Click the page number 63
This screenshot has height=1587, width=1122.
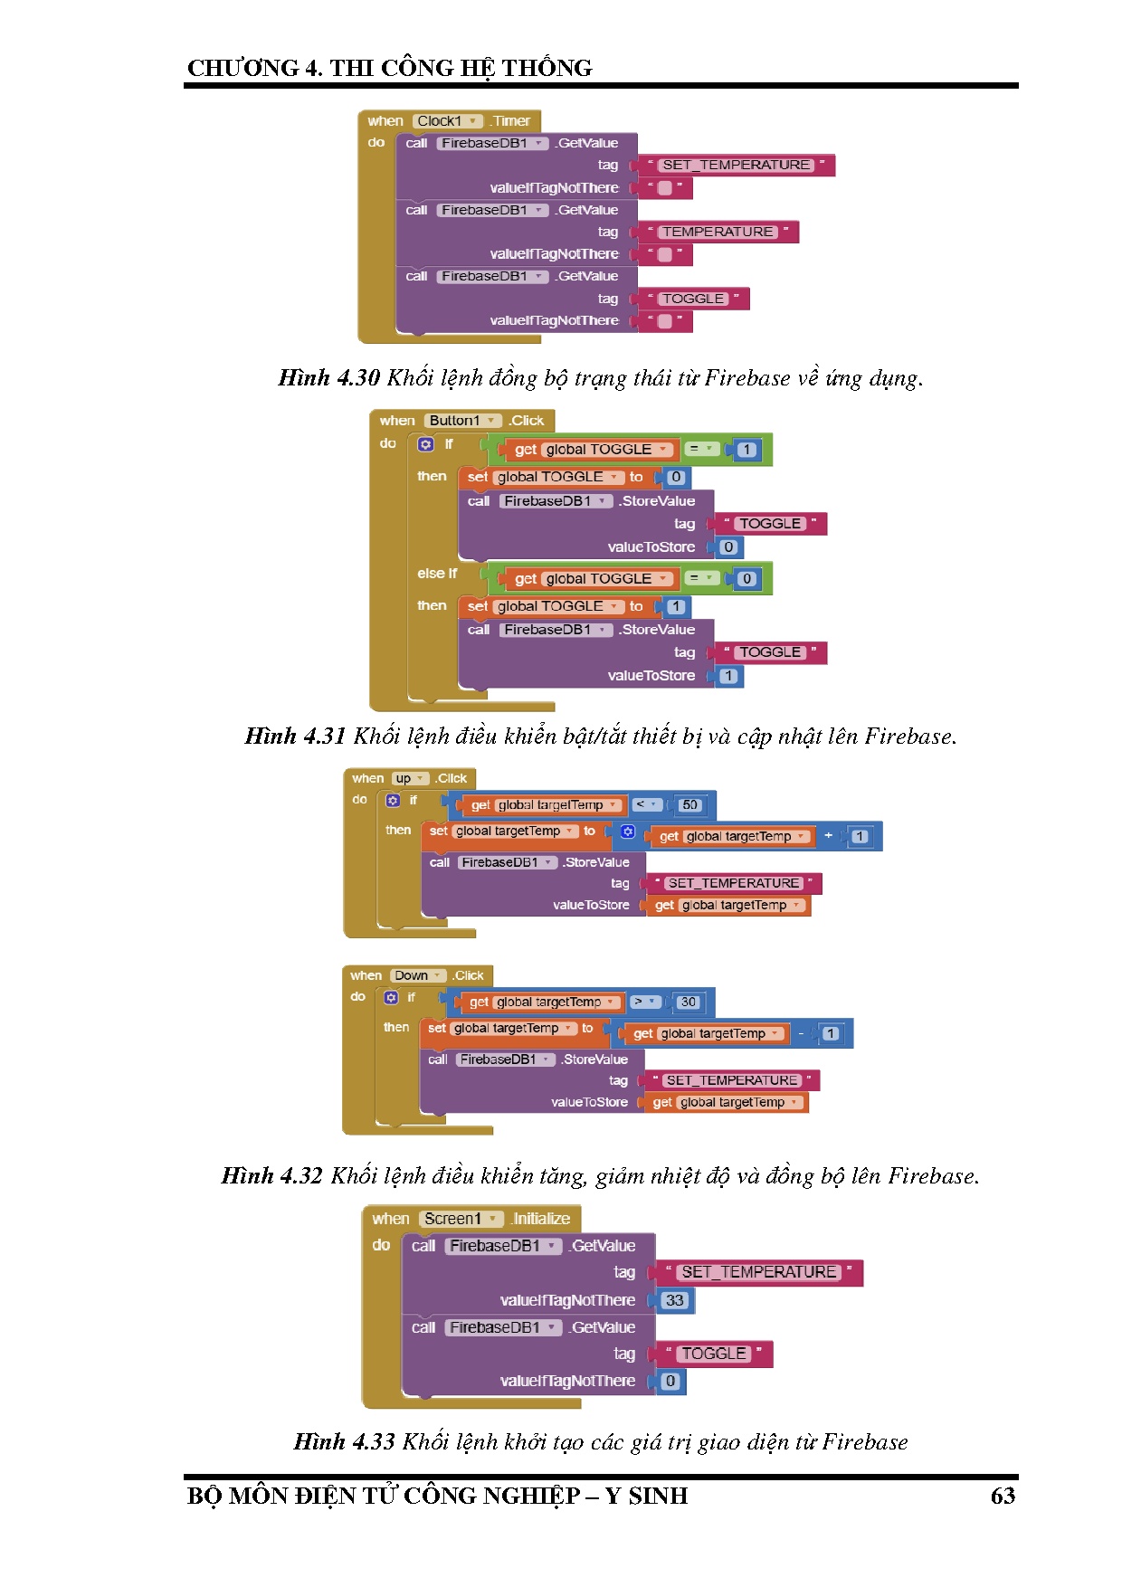(x=1003, y=1496)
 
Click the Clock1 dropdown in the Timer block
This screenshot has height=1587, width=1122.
(x=448, y=121)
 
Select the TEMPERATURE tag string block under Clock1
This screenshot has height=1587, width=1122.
(x=718, y=233)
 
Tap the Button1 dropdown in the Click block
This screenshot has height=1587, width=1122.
(x=463, y=421)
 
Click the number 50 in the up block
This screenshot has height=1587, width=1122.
(x=689, y=805)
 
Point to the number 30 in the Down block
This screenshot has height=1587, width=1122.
(x=689, y=1003)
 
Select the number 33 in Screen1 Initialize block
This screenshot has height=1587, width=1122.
(x=674, y=1301)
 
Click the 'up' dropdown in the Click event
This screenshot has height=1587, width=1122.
(x=410, y=779)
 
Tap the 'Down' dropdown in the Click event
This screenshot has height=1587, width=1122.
(x=418, y=976)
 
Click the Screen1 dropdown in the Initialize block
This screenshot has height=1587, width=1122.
(x=461, y=1220)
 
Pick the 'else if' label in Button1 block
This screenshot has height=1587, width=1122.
(x=437, y=574)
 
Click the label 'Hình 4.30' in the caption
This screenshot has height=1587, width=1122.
(x=328, y=378)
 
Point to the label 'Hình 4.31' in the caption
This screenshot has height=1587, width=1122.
(x=295, y=736)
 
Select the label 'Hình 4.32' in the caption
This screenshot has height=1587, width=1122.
(x=271, y=1176)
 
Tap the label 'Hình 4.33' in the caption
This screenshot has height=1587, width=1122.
(x=344, y=1442)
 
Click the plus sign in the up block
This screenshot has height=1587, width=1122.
(x=828, y=836)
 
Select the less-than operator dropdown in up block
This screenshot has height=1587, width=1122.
(x=646, y=805)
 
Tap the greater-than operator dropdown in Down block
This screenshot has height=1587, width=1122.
(x=644, y=1003)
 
